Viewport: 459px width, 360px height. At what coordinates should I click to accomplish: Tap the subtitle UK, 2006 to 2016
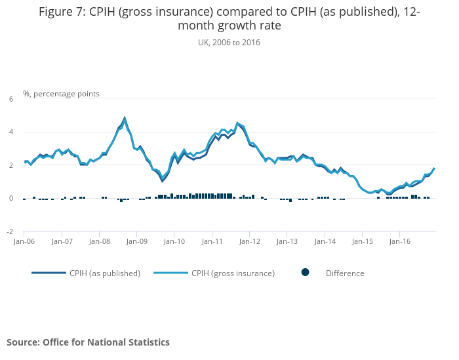pyautogui.click(x=229, y=43)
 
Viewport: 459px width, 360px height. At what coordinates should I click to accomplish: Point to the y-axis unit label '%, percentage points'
pyautogui.click(x=61, y=94)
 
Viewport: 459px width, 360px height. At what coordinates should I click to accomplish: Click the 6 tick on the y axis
pyautogui.click(x=10, y=99)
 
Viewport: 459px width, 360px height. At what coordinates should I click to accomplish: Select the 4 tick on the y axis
pyautogui.click(x=10, y=132)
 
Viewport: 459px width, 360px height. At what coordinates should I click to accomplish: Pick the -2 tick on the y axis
pyautogui.click(x=9, y=231)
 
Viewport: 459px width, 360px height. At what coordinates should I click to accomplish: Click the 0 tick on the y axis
pyautogui.click(x=10, y=199)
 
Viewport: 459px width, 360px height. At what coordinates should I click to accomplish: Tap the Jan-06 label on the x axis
pyautogui.click(x=24, y=241)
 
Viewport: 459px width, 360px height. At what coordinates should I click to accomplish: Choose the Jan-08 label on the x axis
pyautogui.click(x=99, y=241)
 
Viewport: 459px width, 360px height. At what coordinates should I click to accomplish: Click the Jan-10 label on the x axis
pyautogui.click(x=174, y=241)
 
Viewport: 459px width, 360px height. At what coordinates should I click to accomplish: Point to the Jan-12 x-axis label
pyautogui.click(x=250, y=241)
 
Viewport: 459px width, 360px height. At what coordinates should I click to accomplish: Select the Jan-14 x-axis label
pyautogui.click(x=325, y=241)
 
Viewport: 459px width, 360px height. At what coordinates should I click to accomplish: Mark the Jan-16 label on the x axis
pyautogui.click(x=400, y=241)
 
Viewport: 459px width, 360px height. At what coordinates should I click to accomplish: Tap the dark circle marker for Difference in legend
pyautogui.click(x=305, y=273)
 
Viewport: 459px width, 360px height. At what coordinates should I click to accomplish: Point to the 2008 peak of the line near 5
pyautogui.click(x=125, y=119)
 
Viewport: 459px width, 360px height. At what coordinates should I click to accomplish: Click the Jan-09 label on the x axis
pyautogui.click(x=137, y=241)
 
